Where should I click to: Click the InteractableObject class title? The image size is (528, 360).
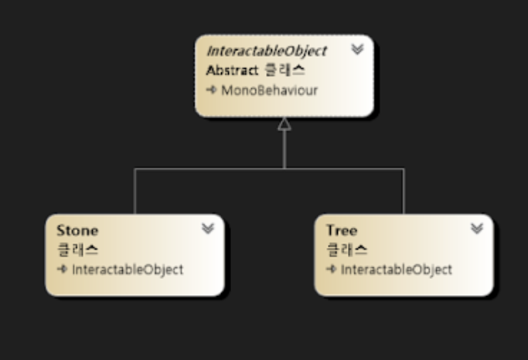click(266, 51)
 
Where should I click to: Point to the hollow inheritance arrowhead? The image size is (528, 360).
click(284, 124)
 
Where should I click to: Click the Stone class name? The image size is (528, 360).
click(77, 230)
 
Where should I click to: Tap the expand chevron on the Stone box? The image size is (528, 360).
click(207, 229)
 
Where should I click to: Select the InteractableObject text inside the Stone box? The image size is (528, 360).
click(127, 270)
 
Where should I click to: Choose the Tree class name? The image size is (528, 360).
click(342, 230)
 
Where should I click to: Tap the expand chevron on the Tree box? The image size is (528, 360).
click(476, 229)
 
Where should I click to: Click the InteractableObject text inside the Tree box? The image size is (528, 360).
click(396, 270)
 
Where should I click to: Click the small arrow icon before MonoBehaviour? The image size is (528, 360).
click(211, 90)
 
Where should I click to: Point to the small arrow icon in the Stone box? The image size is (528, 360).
click(62, 270)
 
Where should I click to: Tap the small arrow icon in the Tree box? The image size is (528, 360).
click(331, 270)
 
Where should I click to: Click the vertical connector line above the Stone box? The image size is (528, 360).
click(135, 192)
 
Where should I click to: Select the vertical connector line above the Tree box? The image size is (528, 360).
click(404, 192)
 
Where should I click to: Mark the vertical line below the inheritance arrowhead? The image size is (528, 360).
click(284, 149)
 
